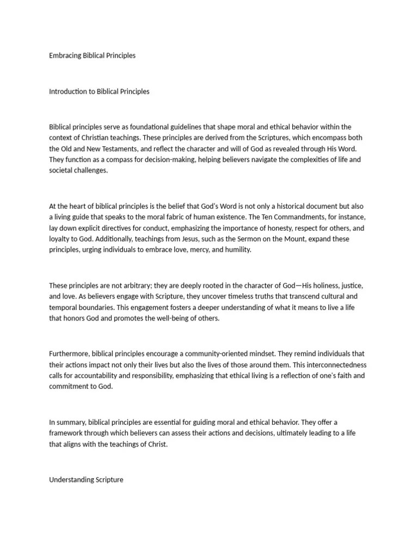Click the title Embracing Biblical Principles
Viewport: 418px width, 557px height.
click(92, 55)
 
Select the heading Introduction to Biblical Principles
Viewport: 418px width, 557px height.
click(99, 91)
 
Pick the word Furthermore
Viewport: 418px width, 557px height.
click(68, 354)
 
